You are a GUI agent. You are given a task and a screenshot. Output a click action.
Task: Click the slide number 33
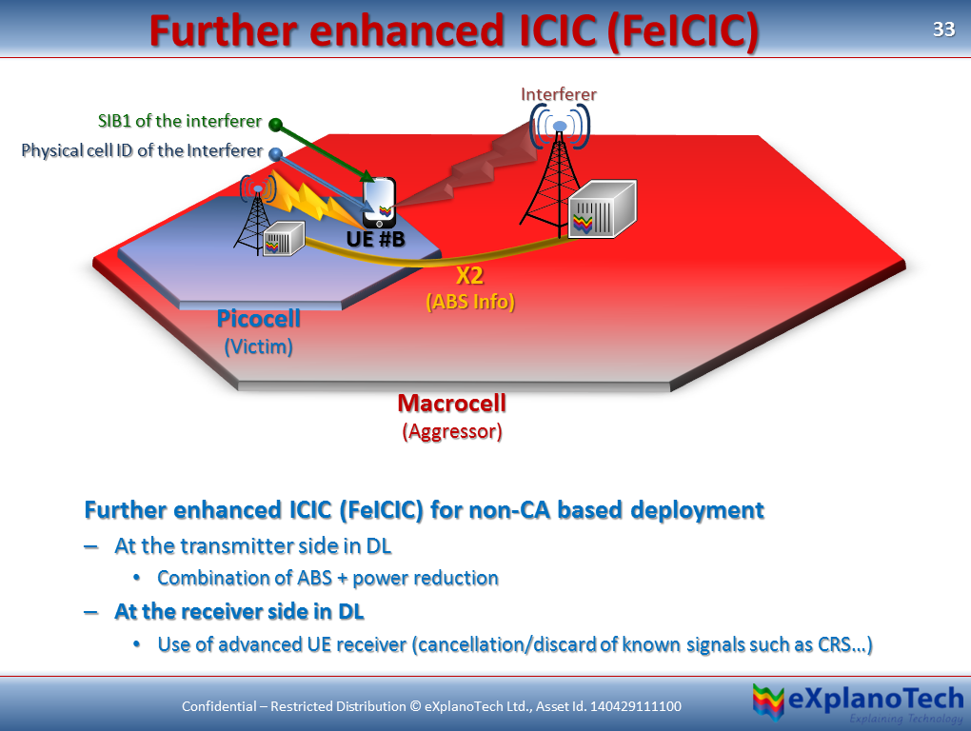click(x=942, y=30)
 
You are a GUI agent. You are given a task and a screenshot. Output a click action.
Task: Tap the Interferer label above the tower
click(x=559, y=94)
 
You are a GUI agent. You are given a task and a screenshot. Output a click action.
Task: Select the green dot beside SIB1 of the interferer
click(x=276, y=124)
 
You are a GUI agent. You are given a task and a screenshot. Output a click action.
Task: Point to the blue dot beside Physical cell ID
click(x=276, y=153)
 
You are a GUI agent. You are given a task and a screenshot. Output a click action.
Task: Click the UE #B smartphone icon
click(x=379, y=202)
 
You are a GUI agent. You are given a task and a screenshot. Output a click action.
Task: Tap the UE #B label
click(x=375, y=240)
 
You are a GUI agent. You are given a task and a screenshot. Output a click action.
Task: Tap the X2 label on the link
click(x=469, y=278)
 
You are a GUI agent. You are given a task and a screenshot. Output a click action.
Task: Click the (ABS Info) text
click(x=469, y=303)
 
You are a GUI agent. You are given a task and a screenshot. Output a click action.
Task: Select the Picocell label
click(x=258, y=319)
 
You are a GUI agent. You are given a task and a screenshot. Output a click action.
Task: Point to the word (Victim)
click(x=258, y=346)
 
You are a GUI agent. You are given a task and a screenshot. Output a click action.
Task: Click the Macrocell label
click(x=451, y=404)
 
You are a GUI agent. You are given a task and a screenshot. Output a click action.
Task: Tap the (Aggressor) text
click(x=451, y=431)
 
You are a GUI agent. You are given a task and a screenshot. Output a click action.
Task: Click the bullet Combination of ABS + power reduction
click(x=327, y=578)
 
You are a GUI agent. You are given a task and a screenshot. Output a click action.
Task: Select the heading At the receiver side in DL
click(x=239, y=611)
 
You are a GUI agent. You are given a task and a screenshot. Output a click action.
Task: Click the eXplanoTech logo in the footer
click(x=857, y=702)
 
